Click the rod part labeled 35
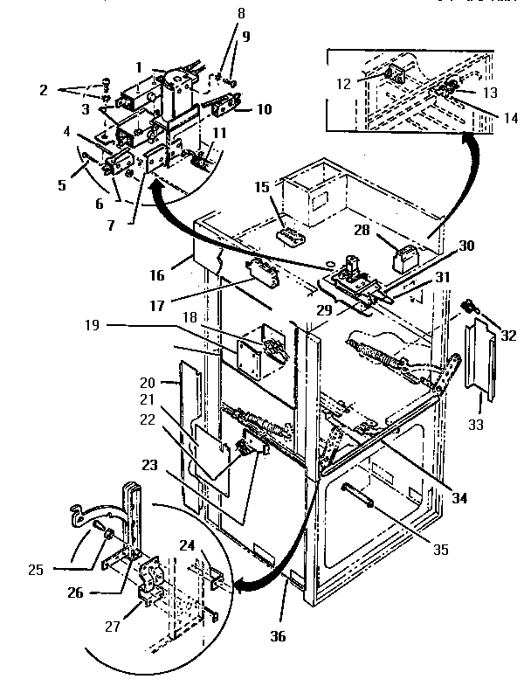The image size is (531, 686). tap(361, 497)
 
